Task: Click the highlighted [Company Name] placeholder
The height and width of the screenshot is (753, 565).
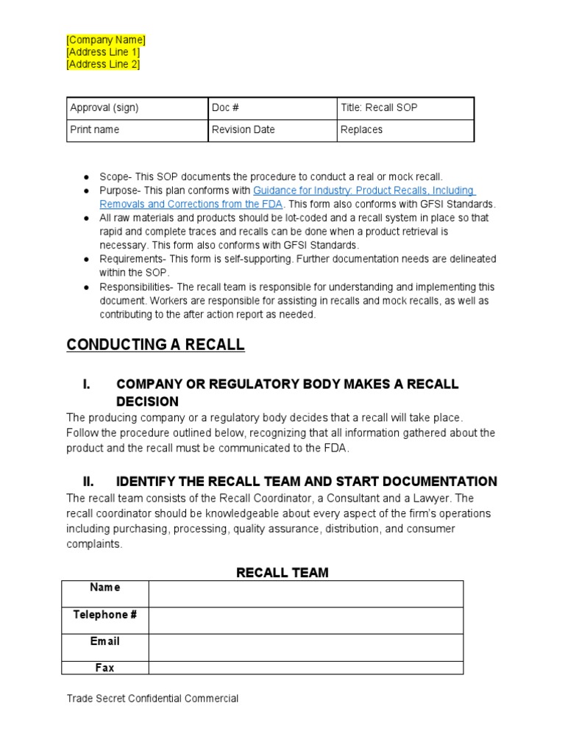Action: click(x=106, y=40)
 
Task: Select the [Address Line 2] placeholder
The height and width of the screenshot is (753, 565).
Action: click(x=103, y=64)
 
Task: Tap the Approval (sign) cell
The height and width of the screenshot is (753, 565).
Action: click(x=137, y=107)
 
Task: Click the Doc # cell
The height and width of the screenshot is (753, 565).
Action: click(x=271, y=107)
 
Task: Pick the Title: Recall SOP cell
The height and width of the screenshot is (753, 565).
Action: click(x=405, y=107)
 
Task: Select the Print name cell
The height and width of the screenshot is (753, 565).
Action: click(x=137, y=129)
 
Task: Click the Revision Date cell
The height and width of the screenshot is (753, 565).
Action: click(x=271, y=129)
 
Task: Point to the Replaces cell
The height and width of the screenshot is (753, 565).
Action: click(x=405, y=129)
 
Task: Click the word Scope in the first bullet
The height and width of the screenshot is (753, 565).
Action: click(x=113, y=176)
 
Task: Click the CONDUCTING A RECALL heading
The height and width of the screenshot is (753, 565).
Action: click(x=155, y=345)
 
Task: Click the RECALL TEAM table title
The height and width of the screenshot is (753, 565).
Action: click(x=282, y=572)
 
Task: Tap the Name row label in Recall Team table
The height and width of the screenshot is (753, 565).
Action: click(x=104, y=588)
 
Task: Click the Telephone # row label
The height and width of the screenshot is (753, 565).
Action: click(x=104, y=615)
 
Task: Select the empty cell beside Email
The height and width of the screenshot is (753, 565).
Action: click(x=305, y=647)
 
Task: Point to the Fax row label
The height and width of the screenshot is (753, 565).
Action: click(x=104, y=668)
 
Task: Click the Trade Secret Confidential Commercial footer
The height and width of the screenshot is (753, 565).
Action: click(x=152, y=699)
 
